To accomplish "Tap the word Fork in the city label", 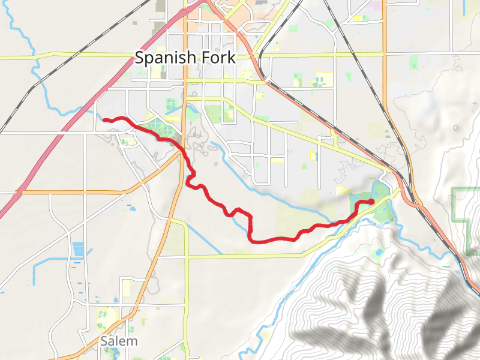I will pos(217,58).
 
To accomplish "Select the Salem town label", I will pos(119,341).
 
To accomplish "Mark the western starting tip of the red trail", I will pos(104,120).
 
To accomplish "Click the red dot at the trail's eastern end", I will pos(371,201).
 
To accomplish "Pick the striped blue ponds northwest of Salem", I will pos(79,250).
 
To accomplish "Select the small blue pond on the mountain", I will pos(379,252).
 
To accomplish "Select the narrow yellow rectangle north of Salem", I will pos(126,287).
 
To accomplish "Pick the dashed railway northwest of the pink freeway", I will pos(36,84).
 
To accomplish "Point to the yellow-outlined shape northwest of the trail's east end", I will pos(341,191).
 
